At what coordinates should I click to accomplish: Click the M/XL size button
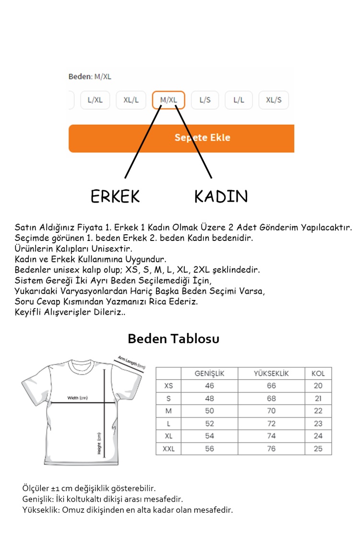click(168, 100)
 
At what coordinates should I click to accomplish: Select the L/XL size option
click(95, 100)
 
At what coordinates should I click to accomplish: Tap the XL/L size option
click(131, 100)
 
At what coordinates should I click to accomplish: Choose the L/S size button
click(205, 100)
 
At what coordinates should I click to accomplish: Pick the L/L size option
click(239, 100)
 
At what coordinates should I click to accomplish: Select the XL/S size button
click(274, 100)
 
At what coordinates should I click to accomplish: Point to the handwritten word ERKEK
click(115, 196)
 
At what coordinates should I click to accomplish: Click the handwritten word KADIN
click(221, 196)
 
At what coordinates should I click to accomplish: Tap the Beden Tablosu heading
click(173, 339)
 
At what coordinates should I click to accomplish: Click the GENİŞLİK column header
click(209, 373)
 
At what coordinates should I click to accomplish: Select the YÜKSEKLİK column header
click(271, 373)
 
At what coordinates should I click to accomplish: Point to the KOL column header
click(318, 373)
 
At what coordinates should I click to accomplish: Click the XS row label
click(168, 386)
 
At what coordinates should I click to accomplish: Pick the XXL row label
click(168, 449)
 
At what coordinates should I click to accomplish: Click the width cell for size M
click(209, 411)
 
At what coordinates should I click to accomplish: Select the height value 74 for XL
click(271, 436)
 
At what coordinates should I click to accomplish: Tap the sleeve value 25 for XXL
click(318, 449)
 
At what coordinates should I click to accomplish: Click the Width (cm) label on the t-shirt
click(78, 398)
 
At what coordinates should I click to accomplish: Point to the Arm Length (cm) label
click(131, 362)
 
